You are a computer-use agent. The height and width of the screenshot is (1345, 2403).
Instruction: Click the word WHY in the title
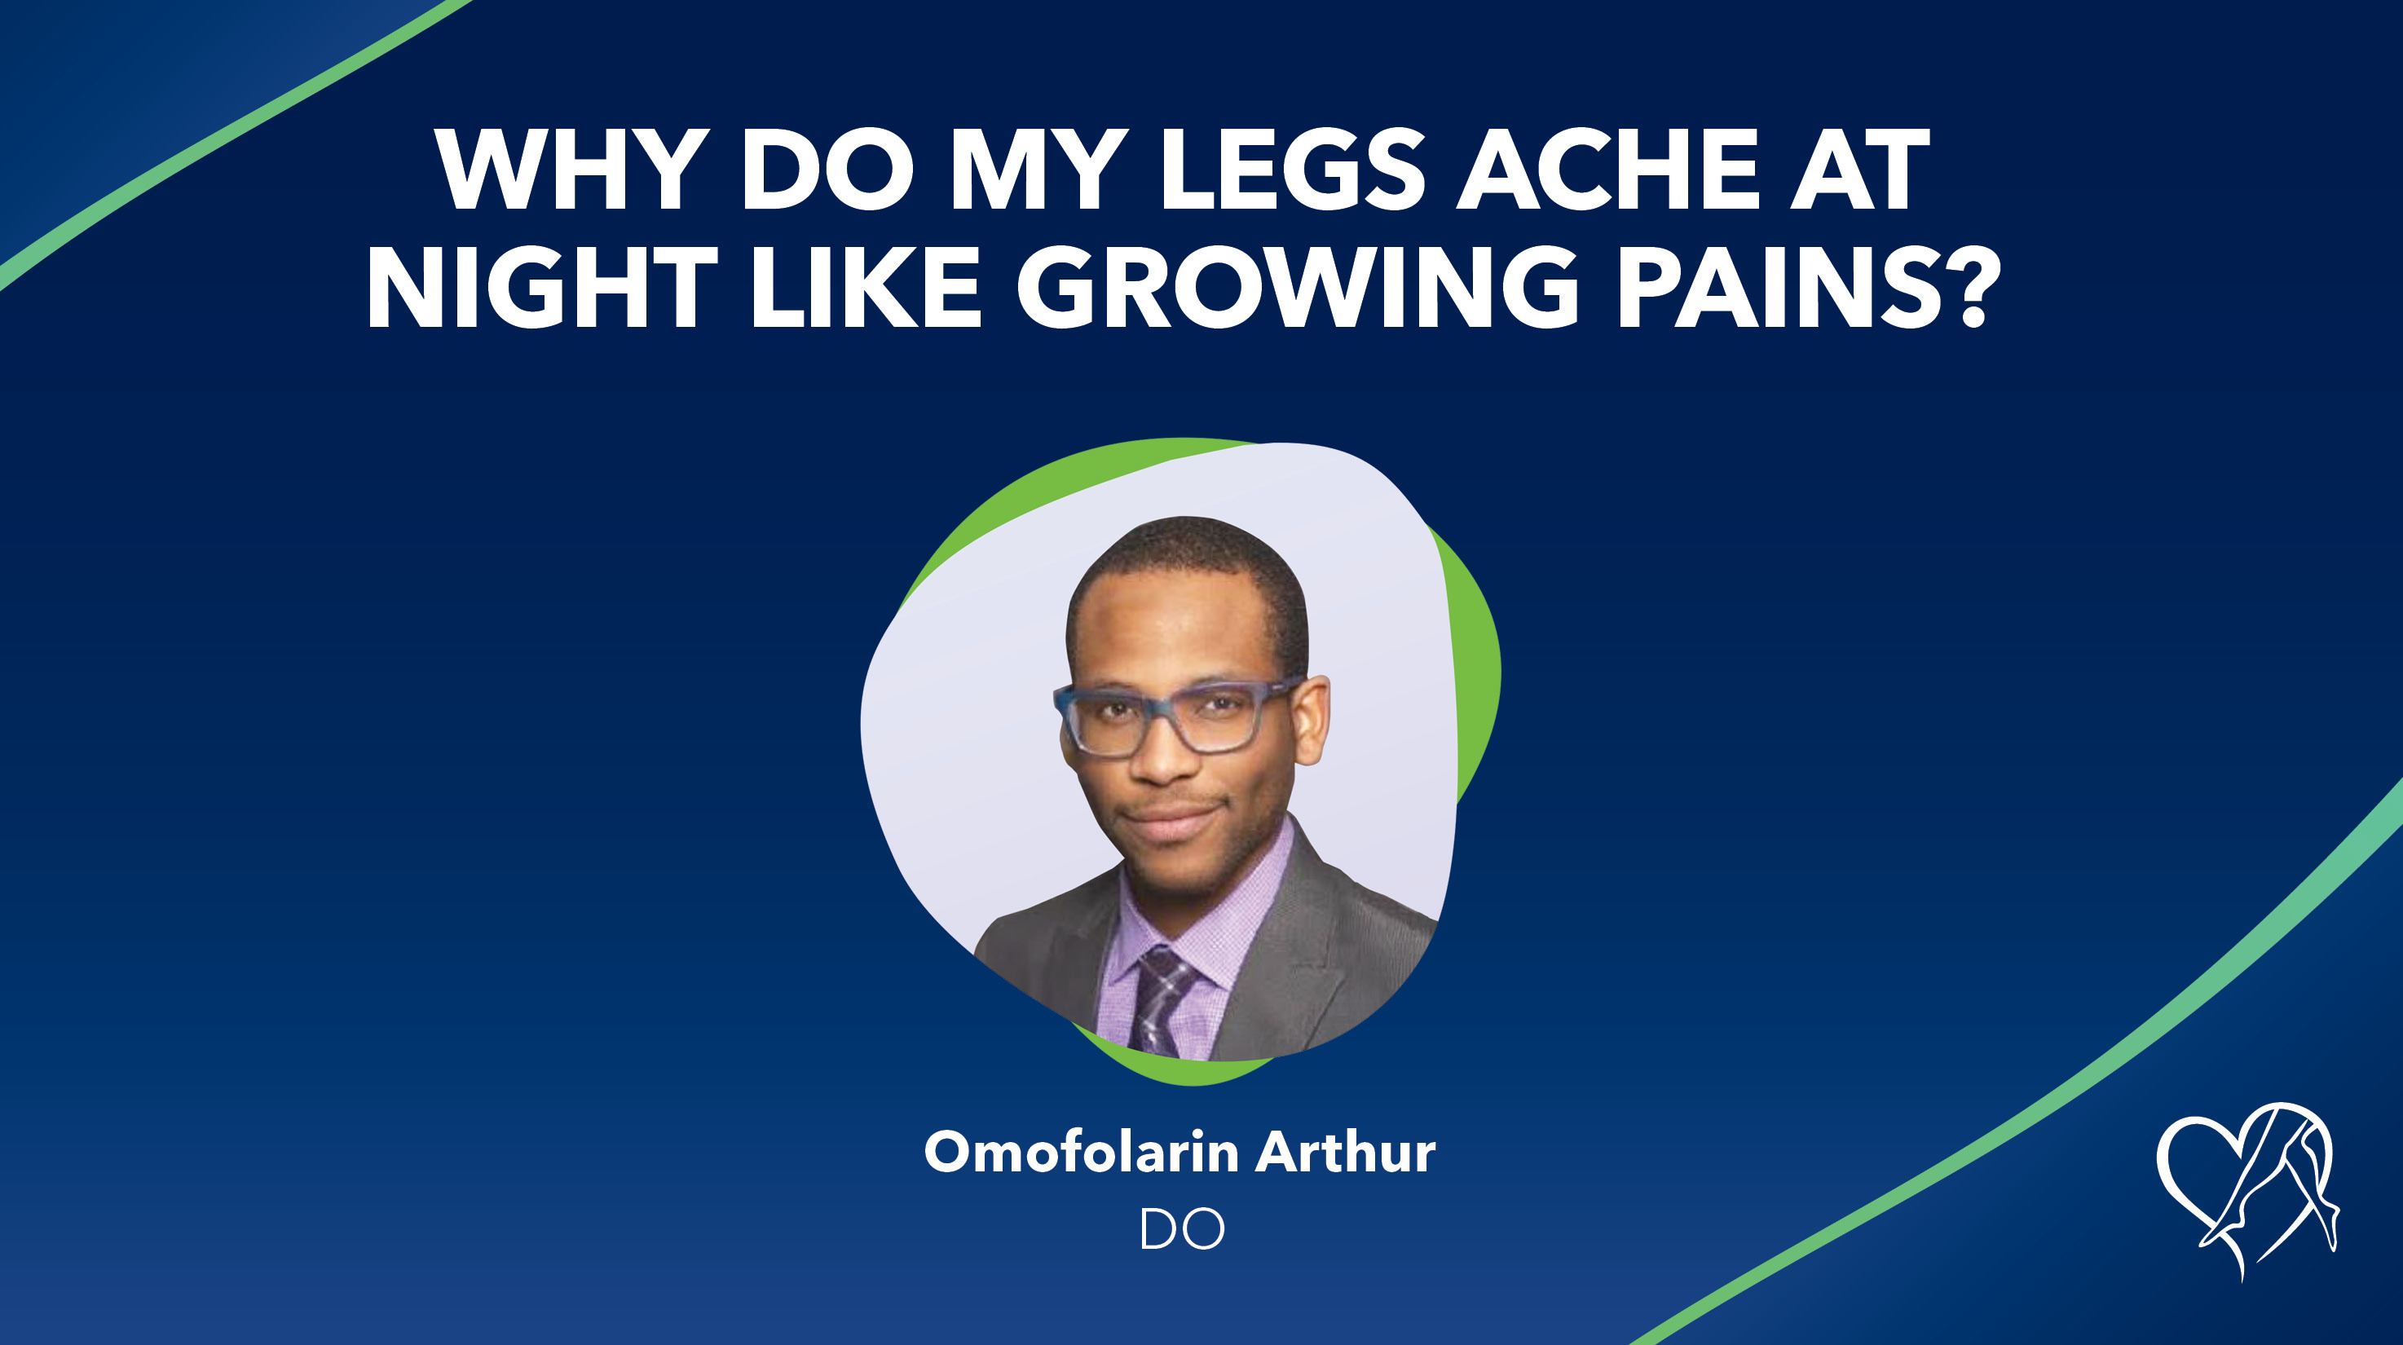566,170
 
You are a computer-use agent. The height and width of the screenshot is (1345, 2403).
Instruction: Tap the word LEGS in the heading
1292,170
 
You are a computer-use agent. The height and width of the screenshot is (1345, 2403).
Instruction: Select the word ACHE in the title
1607,170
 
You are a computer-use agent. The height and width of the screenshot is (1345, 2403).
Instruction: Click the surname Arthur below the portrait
1344,1153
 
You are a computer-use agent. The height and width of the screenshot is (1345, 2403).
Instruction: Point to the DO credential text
1181,1229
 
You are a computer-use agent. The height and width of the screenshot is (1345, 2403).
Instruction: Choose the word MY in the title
1032,170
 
